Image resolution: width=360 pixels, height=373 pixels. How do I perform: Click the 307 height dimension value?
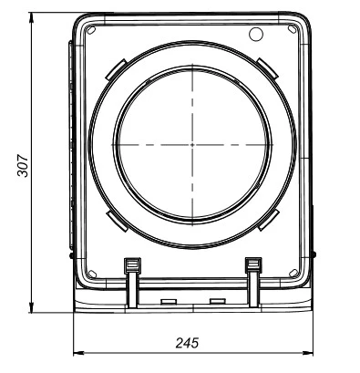[23, 166]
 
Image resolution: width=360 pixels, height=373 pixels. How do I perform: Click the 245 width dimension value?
[187, 343]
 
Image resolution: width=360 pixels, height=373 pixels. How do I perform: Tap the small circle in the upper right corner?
[256, 34]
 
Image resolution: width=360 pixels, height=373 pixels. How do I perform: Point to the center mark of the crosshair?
[192, 145]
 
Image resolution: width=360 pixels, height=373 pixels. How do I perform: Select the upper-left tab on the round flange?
[116, 69]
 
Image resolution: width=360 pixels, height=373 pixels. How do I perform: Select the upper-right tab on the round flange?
[267, 68]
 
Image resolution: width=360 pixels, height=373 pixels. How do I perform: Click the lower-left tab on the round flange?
[117, 222]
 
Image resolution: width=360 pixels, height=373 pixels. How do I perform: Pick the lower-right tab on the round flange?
[269, 220]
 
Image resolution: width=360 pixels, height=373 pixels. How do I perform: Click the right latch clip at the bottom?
[253, 282]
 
